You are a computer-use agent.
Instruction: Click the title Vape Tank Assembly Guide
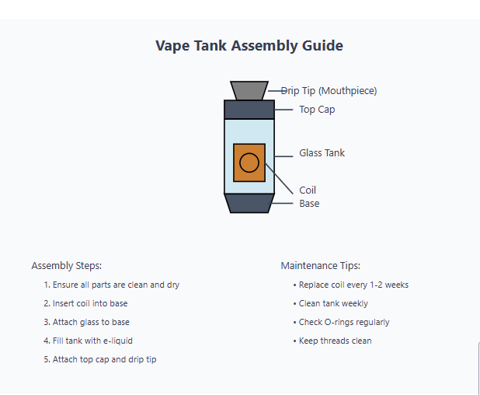click(249, 46)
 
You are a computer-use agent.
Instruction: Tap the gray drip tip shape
click(249, 90)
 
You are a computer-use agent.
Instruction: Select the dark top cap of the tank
click(249, 110)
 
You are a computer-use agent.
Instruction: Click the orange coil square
click(249, 163)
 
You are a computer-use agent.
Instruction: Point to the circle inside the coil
click(249, 163)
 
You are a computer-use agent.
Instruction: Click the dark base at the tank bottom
click(249, 203)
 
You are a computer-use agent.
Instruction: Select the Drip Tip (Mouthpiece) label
click(329, 91)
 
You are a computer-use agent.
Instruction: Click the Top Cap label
click(317, 110)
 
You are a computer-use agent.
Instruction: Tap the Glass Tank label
click(322, 153)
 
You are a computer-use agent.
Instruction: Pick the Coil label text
click(308, 191)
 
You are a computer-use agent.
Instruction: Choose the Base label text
click(309, 204)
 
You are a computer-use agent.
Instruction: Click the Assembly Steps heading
click(66, 266)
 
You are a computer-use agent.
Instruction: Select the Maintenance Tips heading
click(320, 266)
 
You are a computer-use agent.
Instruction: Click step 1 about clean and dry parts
click(112, 285)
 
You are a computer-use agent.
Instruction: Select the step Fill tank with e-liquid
click(94, 341)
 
